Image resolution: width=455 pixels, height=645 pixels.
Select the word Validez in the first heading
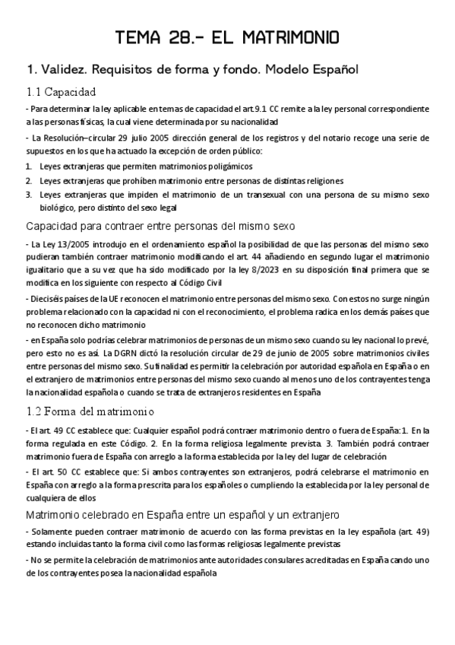coord(64,70)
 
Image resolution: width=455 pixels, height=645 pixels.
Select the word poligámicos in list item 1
coord(227,167)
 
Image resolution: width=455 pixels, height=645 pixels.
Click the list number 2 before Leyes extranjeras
coord(27,180)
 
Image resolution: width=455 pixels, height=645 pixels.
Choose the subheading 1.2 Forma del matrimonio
coord(90,411)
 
